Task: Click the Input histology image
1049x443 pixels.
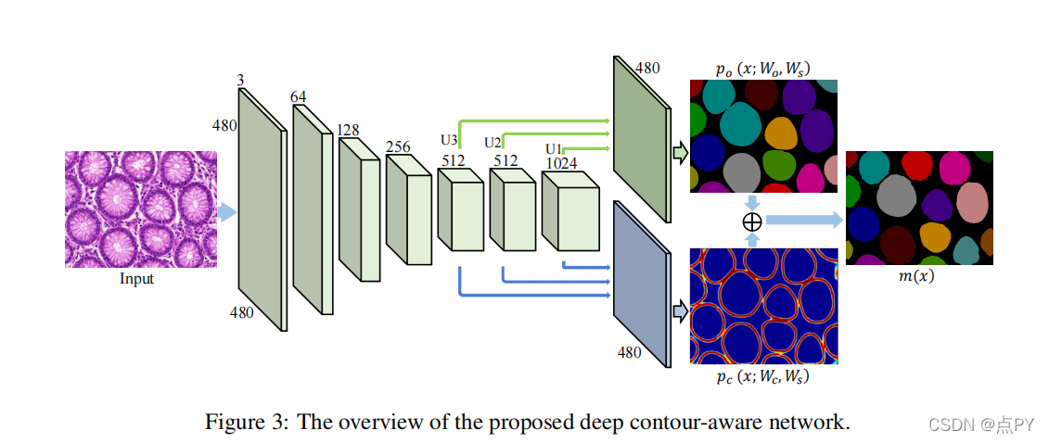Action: tap(140, 209)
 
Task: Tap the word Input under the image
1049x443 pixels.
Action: tap(137, 278)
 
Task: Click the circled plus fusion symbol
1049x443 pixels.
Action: tap(752, 221)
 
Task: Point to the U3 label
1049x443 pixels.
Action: tap(449, 141)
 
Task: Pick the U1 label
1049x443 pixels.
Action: tap(554, 148)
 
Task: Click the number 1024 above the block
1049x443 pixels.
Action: tap(562, 163)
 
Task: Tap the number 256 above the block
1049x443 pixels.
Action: tap(398, 146)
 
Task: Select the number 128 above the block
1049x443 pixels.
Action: tap(349, 131)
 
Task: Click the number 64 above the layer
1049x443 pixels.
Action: tap(299, 97)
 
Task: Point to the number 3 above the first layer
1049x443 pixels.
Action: tap(240, 82)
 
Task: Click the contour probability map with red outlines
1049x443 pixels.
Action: tap(763, 305)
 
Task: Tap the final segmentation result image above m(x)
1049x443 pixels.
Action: tap(919, 208)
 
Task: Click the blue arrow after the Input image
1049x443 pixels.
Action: tap(226, 212)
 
